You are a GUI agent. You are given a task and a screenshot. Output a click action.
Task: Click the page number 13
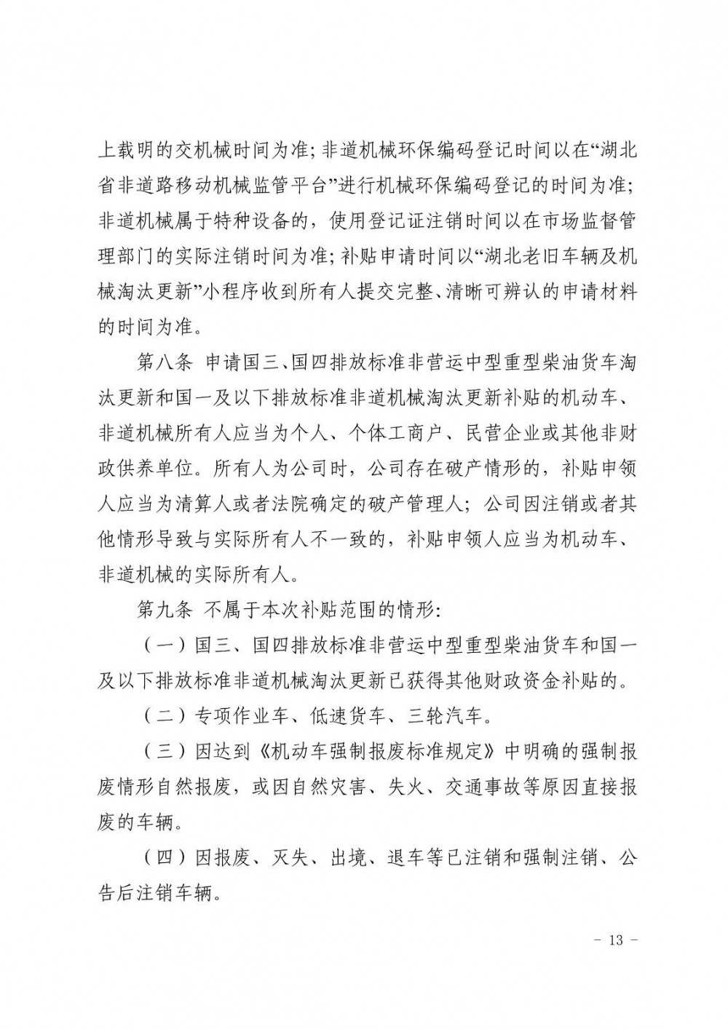coord(616,939)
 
